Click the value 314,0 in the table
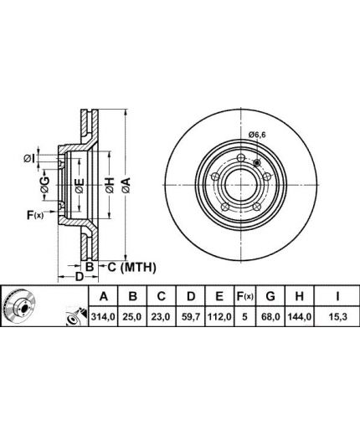(103, 317)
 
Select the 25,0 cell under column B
(132, 317)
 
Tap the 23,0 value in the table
(162, 317)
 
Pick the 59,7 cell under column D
(191, 317)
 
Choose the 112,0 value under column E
(219, 317)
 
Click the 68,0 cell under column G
(270, 317)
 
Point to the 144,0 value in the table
(300, 317)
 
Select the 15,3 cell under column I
(337, 317)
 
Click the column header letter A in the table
(104, 296)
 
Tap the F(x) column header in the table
(244, 296)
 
